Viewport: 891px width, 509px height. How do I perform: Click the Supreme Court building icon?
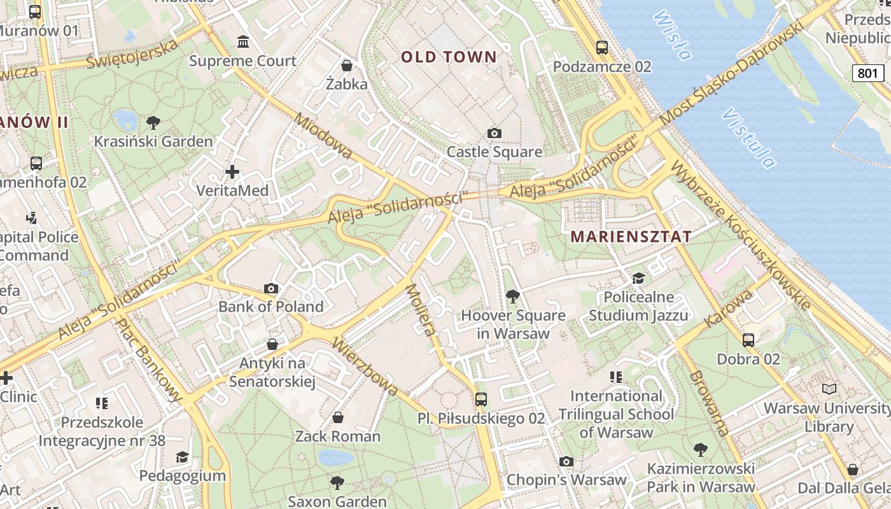pyautogui.click(x=242, y=42)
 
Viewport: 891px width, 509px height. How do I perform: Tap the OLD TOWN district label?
pyautogui.click(x=449, y=57)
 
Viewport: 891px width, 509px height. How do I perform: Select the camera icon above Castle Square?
pyautogui.click(x=494, y=133)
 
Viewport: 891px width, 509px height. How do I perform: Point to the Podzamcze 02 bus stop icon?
pyautogui.click(x=601, y=47)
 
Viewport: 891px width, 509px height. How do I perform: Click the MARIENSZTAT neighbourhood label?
pyautogui.click(x=631, y=237)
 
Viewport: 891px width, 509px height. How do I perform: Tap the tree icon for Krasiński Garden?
pyautogui.click(x=153, y=122)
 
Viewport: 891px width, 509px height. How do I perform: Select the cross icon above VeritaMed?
pyautogui.click(x=232, y=172)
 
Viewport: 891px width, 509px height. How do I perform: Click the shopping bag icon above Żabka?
pyautogui.click(x=347, y=65)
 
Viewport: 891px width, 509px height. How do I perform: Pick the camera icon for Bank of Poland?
pyautogui.click(x=271, y=288)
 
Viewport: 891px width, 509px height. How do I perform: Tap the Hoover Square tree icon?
pyautogui.click(x=512, y=296)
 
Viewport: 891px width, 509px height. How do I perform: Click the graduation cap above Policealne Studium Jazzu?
pyautogui.click(x=638, y=278)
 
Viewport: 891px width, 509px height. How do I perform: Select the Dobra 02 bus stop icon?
pyautogui.click(x=748, y=340)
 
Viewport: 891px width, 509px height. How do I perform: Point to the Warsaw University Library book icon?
pyautogui.click(x=829, y=389)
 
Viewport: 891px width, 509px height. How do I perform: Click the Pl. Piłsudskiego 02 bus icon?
pyautogui.click(x=481, y=400)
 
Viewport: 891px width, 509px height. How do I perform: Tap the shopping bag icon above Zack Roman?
pyautogui.click(x=338, y=417)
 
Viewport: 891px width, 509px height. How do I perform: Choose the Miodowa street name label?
pyautogui.click(x=323, y=136)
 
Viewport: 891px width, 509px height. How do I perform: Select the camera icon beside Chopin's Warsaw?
pyautogui.click(x=566, y=461)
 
